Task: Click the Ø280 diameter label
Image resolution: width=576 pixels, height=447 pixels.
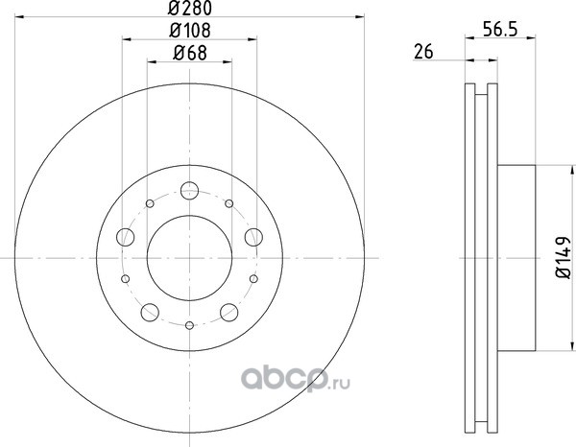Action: pyautogui.click(x=190, y=8)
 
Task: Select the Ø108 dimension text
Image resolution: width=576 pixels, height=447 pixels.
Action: pyautogui.click(x=190, y=31)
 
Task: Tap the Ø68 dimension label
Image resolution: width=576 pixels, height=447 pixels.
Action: pyautogui.click(x=190, y=53)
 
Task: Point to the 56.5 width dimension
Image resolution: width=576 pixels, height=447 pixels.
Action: pyautogui.click(x=500, y=30)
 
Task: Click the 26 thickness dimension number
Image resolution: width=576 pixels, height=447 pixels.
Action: pyautogui.click(x=423, y=52)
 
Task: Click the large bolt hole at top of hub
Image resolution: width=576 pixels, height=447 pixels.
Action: pyautogui.click(x=189, y=191)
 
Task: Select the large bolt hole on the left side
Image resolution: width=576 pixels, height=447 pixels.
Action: pyautogui.click(x=125, y=237)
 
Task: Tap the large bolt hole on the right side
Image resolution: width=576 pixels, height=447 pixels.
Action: pyautogui.click(x=253, y=237)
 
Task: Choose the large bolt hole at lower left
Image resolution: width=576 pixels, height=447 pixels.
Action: pyautogui.click(x=150, y=313)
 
